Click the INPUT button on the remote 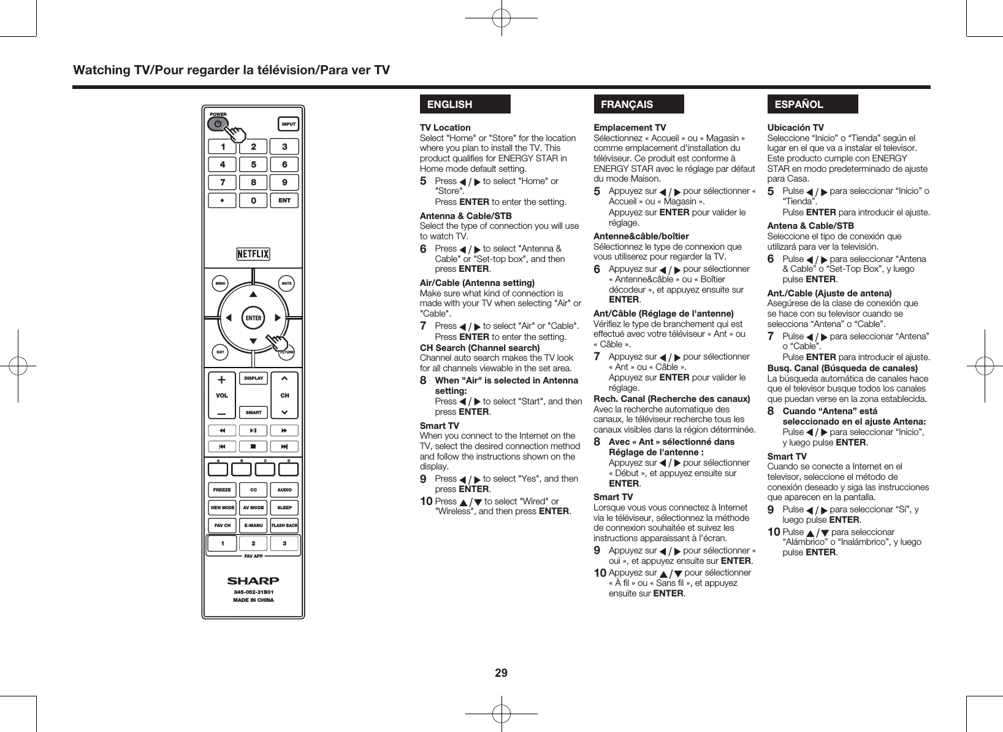pyautogui.click(x=288, y=124)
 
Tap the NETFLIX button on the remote pyautogui.click(x=253, y=254)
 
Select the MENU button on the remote pyautogui.click(x=219, y=284)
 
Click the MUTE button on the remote pyautogui.click(x=286, y=284)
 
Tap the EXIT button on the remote pyautogui.click(x=219, y=352)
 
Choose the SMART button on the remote pyautogui.click(x=253, y=412)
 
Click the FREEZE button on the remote pyautogui.click(x=222, y=490)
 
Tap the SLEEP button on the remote pyautogui.click(x=284, y=507)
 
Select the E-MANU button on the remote pyautogui.click(x=253, y=525)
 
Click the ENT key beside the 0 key pyautogui.click(x=284, y=201)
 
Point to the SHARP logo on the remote pyautogui.click(x=253, y=580)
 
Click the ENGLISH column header pyautogui.click(x=465, y=104)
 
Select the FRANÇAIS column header pyautogui.click(x=638, y=104)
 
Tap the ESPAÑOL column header pyautogui.click(x=812, y=104)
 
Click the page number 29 pyautogui.click(x=501, y=673)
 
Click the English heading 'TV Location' pyautogui.click(x=445, y=128)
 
